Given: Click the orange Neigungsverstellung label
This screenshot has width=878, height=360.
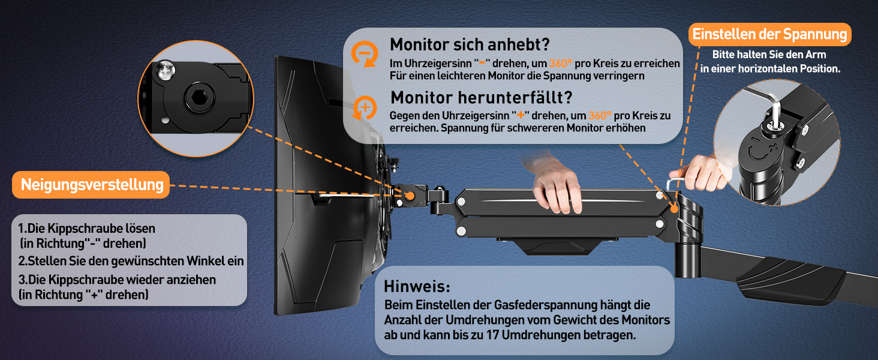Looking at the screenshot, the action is coord(91,185).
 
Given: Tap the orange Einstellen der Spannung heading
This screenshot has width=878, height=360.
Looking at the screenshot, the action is coord(770,35).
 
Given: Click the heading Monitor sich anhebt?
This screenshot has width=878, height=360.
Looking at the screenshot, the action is coord(470,45).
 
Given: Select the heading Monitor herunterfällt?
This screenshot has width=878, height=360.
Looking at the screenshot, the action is coord(482,98).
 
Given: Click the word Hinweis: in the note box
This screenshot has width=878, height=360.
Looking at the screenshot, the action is coord(417,286).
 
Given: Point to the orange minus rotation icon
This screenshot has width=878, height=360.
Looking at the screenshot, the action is coord(365,54).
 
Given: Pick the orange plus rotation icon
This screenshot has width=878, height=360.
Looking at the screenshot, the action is coord(365,107).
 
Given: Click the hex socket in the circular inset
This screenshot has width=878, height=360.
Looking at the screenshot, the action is coord(200,97).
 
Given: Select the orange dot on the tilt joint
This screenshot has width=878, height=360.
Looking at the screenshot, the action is coord(410,196).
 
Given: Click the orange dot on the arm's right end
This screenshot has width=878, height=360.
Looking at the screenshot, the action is coord(674,208).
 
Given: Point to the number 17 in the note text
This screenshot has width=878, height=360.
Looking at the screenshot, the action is coord(493,335).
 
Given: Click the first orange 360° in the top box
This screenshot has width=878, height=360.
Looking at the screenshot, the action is coord(561,63).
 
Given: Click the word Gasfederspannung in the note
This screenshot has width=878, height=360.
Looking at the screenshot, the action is coord(546,305).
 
